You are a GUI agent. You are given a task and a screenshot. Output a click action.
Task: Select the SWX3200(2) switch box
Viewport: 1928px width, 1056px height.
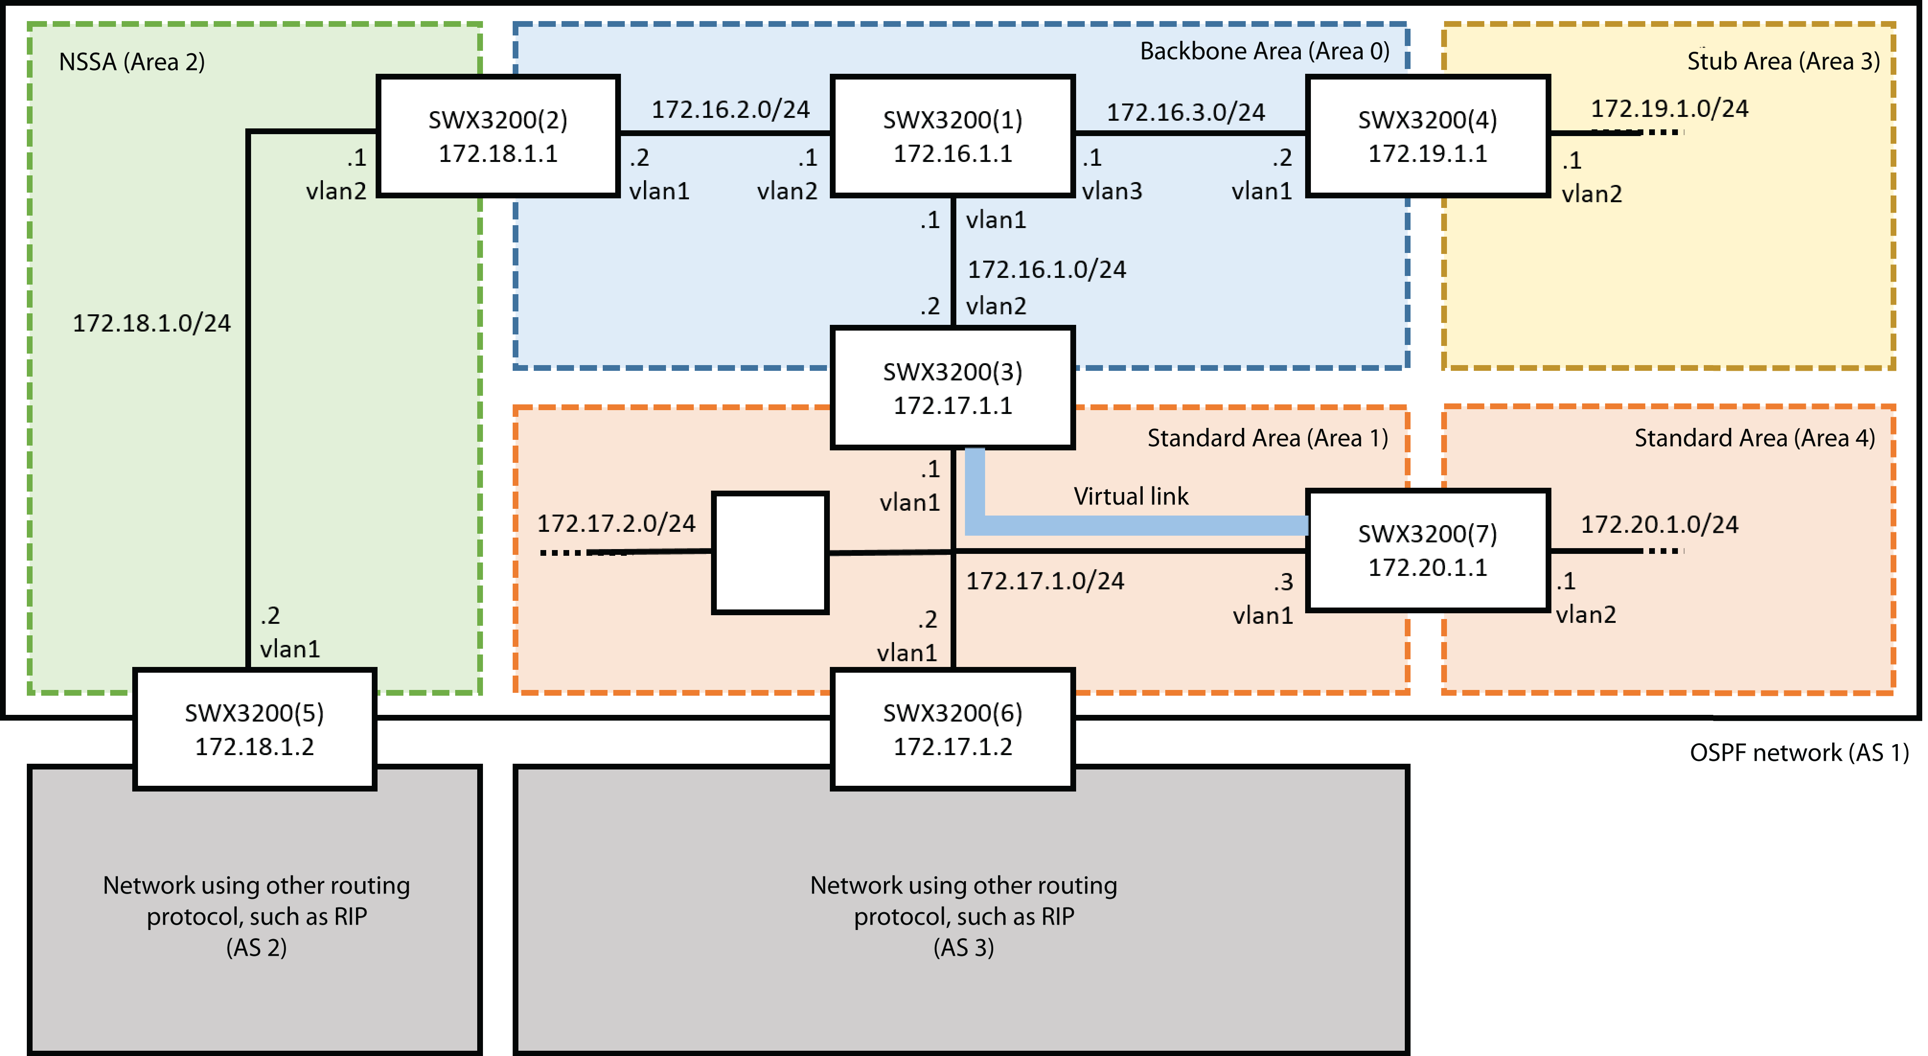click(498, 136)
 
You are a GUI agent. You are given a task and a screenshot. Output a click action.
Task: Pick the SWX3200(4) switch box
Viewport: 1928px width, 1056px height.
click(1427, 136)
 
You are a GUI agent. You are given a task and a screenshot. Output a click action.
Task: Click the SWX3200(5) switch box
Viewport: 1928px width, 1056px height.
click(254, 729)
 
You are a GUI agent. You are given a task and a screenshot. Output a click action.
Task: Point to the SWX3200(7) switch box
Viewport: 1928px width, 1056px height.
click(1427, 550)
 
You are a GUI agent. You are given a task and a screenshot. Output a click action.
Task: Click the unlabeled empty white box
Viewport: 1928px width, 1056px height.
click(769, 552)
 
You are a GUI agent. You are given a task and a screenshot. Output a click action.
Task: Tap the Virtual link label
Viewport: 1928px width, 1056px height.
click(1130, 496)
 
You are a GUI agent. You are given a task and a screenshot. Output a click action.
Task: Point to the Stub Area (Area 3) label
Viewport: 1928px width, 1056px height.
click(1783, 61)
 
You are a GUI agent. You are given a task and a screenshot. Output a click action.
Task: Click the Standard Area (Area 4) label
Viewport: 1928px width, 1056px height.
click(1755, 438)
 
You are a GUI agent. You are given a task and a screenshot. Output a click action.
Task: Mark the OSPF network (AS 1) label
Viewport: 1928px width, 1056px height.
click(1799, 752)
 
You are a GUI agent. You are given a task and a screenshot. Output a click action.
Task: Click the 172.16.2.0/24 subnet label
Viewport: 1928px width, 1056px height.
click(731, 109)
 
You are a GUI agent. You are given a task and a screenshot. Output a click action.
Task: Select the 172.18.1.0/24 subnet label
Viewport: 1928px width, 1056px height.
click(151, 323)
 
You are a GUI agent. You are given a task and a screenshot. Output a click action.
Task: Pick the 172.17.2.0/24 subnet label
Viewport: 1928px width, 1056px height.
click(616, 523)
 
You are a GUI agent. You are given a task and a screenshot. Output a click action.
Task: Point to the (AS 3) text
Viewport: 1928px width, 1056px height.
click(963, 948)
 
